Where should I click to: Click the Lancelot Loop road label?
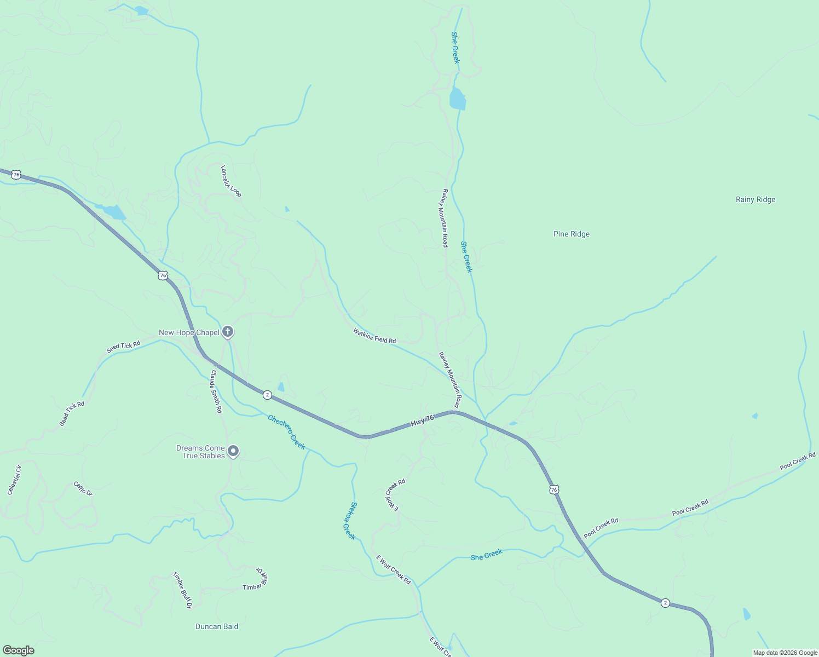[230, 181]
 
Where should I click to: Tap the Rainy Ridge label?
[755, 200]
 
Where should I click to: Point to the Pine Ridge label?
[571, 234]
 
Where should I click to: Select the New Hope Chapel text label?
[189, 333]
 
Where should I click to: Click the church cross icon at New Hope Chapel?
[228, 332]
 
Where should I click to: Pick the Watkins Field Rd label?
[374, 336]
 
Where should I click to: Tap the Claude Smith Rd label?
[216, 391]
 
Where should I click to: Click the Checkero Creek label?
[286, 432]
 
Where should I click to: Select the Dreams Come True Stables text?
[200, 452]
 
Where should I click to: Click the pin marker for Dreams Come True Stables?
[233, 451]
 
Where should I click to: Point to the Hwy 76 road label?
[422, 421]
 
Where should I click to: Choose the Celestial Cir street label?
[14, 480]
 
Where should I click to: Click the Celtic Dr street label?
[83, 488]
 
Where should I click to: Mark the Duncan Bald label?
[217, 627]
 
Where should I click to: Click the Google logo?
[18, 650]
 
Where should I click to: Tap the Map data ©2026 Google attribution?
[785, 653]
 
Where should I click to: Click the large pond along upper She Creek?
[457, 99]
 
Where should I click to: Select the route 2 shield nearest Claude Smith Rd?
[267, 395]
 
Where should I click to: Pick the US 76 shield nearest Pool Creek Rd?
[554, 489]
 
